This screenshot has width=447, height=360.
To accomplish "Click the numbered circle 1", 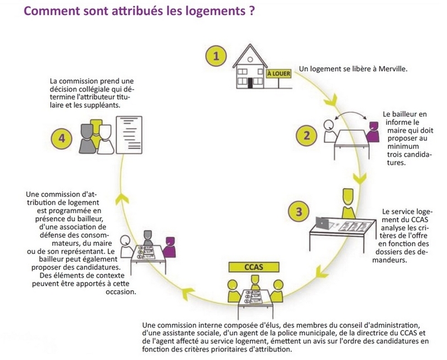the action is (216, 56).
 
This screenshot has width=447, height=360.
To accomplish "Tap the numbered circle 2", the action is (306, 135).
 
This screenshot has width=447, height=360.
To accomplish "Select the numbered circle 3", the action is (299, 212).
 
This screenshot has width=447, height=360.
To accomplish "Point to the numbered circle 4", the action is (61, 139).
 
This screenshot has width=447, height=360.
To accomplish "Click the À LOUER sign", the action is (279, 74).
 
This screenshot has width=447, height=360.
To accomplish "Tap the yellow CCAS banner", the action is (254, 267).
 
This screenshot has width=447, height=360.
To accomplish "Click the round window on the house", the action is (250, 60).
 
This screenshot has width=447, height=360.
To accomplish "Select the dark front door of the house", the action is (250, 83).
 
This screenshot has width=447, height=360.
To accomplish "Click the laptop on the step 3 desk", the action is (322, 223).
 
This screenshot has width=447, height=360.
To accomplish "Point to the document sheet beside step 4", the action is (129, 135).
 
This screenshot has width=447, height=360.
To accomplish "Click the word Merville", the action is (393, 69).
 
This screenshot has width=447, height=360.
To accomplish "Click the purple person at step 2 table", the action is (373, 132).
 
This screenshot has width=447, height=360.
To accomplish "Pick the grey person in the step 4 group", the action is (87, 139).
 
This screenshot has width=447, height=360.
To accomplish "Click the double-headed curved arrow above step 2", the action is (351, 113).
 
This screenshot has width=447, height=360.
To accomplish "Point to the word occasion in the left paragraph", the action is (121, 292).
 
